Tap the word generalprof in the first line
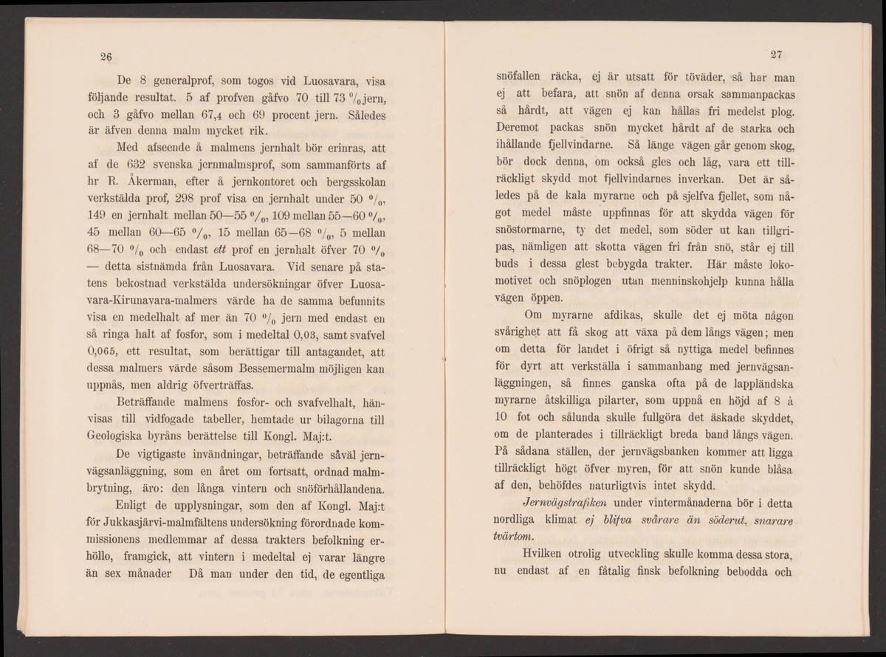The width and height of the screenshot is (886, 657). (186, 81)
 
